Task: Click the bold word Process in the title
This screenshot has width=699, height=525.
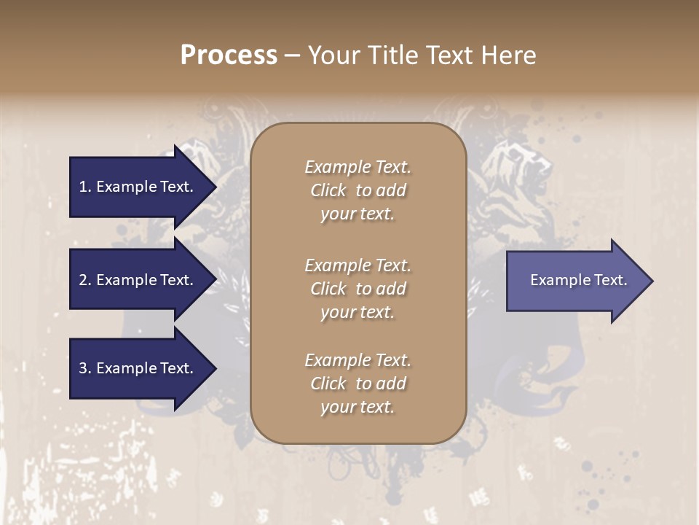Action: [229, 55]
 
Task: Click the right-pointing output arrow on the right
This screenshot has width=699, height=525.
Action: [575, 281]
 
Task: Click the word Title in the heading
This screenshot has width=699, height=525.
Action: [394, 55]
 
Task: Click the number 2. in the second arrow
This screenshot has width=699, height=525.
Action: [85, 280]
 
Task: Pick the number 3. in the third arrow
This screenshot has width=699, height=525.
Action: [85, 368]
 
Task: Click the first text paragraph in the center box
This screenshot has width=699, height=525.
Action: [358, 190]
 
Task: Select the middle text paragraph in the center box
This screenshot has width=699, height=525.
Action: [358, 289]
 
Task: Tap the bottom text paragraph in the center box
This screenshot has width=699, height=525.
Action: [358, 384]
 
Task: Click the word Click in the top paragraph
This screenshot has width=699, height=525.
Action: [328, 190]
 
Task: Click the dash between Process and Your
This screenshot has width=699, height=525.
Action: [292, 55]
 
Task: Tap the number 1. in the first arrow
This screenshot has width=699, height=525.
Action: [85, 187]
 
